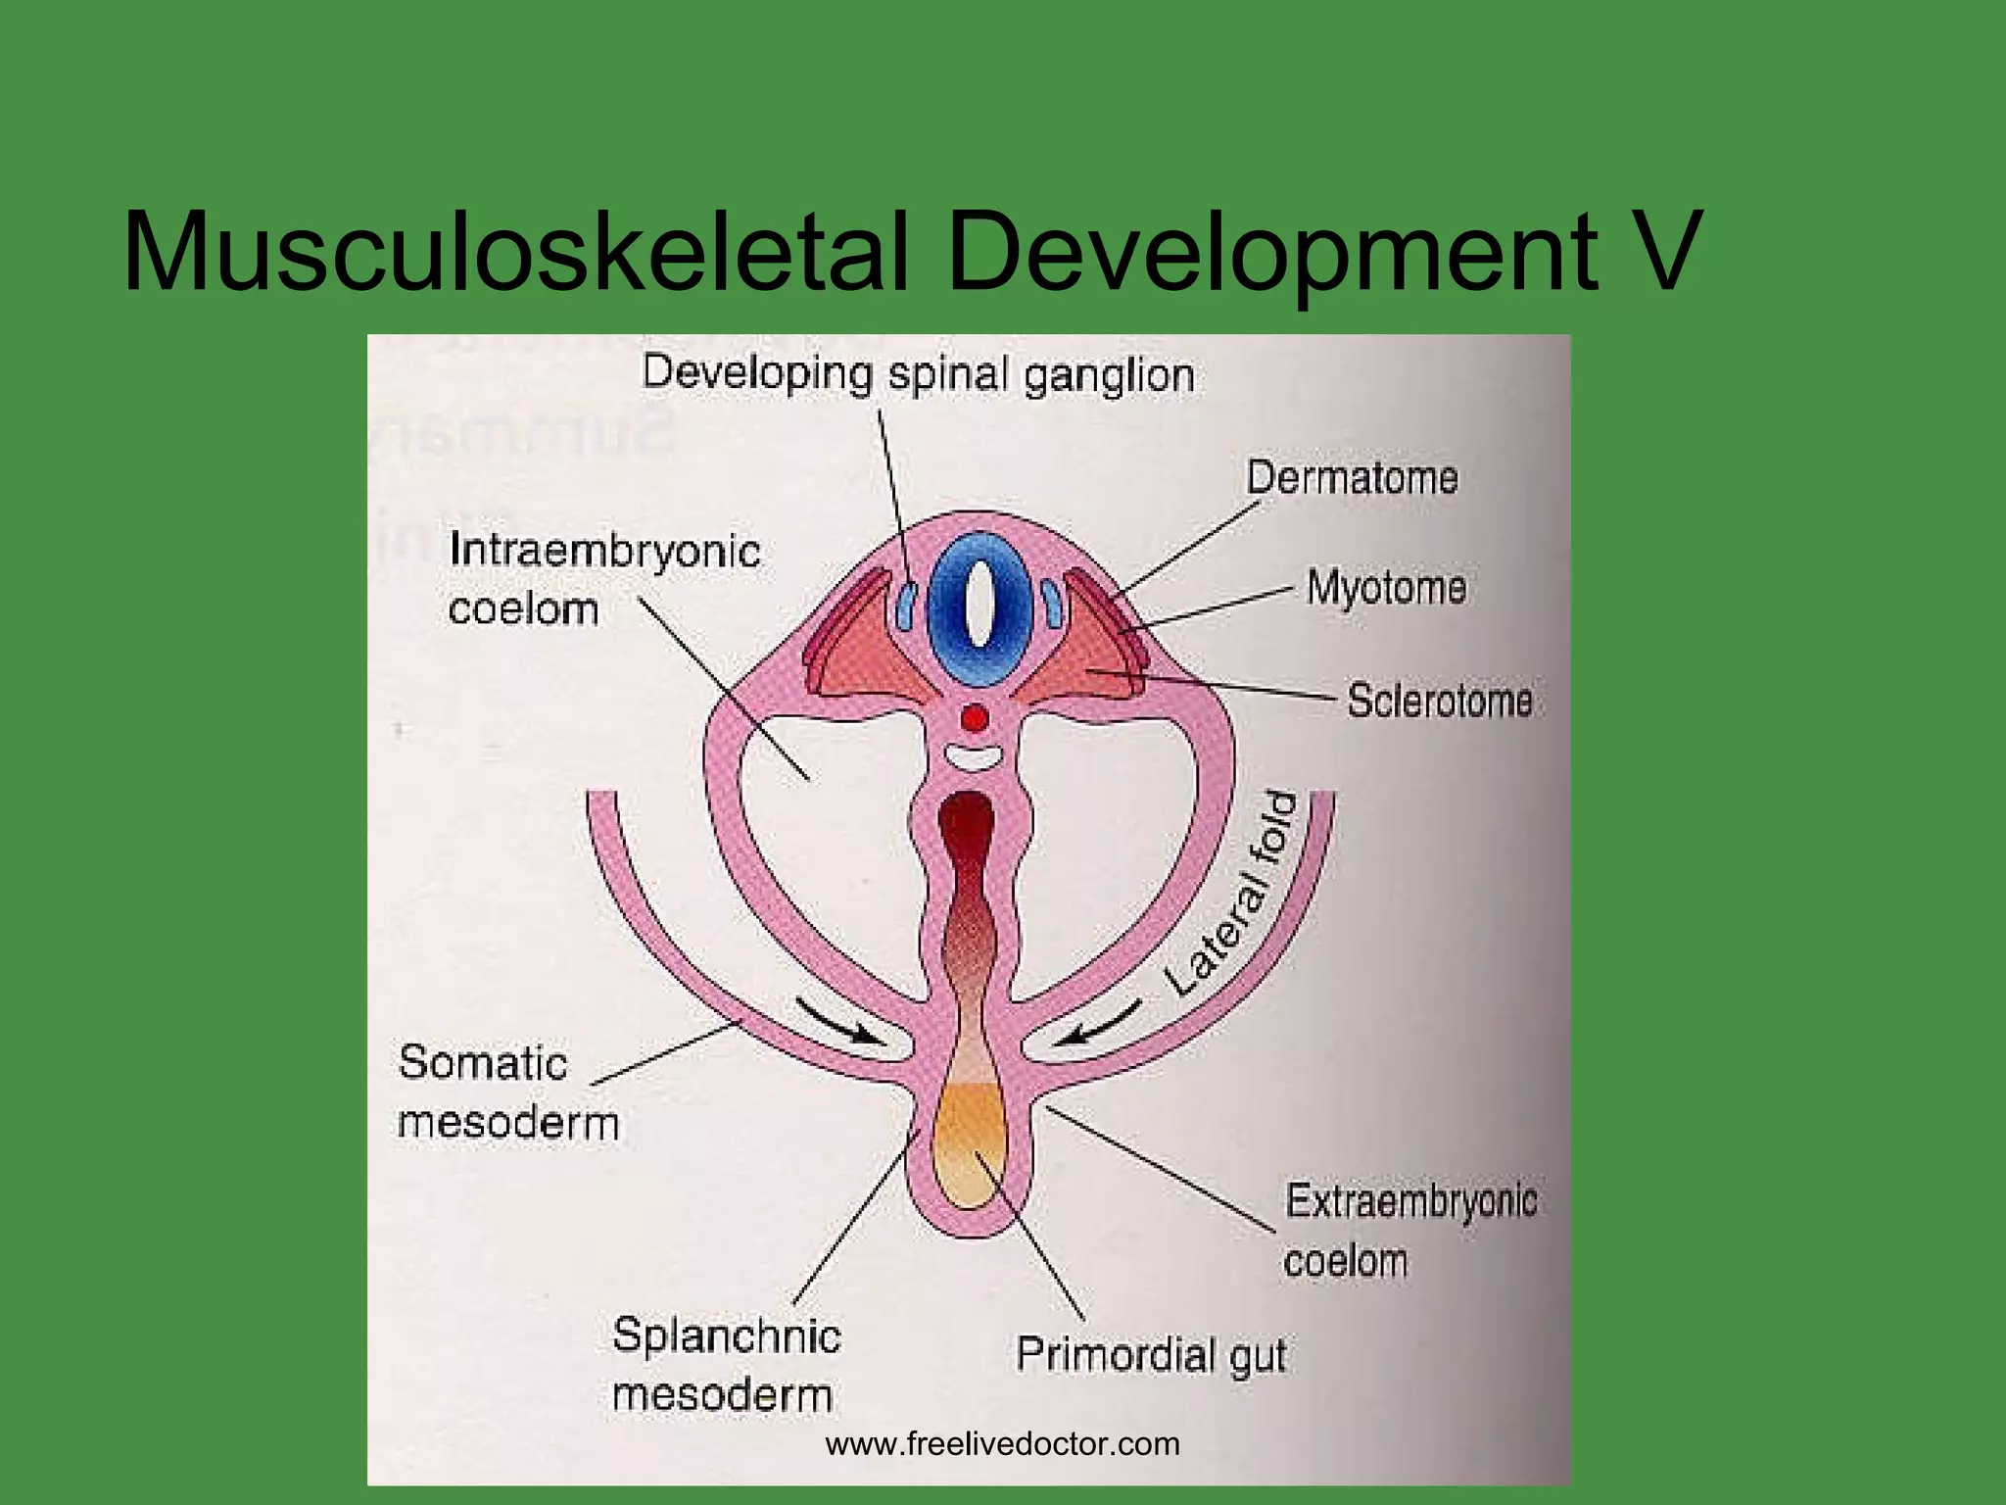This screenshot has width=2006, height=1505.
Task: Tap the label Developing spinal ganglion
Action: [918, 374]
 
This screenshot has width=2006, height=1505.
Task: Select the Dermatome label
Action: [1352, 478]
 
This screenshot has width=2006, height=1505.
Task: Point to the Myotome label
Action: [1386, 588]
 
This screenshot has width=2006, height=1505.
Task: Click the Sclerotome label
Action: [1439, 701]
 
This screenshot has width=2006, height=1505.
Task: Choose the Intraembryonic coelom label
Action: [603, 579]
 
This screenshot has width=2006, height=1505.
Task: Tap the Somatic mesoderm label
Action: [507, 1092]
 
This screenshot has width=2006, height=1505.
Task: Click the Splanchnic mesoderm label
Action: [725, 1364]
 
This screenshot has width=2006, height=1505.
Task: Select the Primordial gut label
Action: [1151, 1355]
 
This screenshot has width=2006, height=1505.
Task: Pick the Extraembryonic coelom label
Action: [1409, 1231]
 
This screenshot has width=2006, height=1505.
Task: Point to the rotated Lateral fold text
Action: [1232, 894]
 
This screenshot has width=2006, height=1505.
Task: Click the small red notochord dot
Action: [975, 719]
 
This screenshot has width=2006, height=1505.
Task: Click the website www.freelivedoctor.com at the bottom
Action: [1002, 1443]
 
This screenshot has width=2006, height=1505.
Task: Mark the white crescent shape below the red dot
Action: [974, 757]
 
